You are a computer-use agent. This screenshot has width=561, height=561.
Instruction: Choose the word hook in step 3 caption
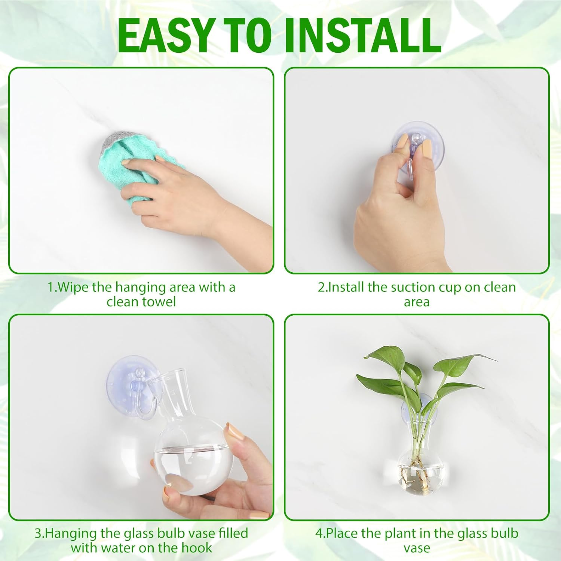197,548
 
